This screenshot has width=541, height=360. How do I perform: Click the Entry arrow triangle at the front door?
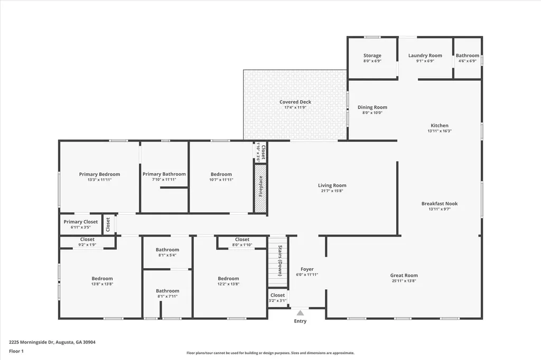[x=300, y=313]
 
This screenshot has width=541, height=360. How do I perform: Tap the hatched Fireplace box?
[x=260, y=189]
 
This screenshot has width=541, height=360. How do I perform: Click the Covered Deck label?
[x=295, y=102]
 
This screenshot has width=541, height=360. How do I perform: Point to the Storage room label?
[x=372, y=55]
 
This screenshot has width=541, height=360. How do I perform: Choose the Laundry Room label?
[x=425, y=55]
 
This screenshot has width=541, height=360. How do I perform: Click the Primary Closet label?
[x=80, y=222]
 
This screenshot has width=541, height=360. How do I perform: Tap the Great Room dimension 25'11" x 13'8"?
[x=404, y=281]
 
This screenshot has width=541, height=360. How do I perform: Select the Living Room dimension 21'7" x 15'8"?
[x=332, y=191]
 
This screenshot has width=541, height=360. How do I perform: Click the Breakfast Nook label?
[x=439, y=203]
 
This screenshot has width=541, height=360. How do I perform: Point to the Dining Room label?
[x=372, y=107]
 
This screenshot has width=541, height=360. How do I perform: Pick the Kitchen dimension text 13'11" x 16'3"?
[x=439, y=131]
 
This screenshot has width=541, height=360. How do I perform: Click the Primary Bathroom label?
[x=164, y=174]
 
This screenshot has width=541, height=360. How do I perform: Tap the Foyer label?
[x=307, y=269]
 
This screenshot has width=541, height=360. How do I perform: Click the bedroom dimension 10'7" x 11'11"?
[x=221, y=180]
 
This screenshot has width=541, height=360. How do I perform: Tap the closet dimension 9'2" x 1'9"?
[x=87, y=245]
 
